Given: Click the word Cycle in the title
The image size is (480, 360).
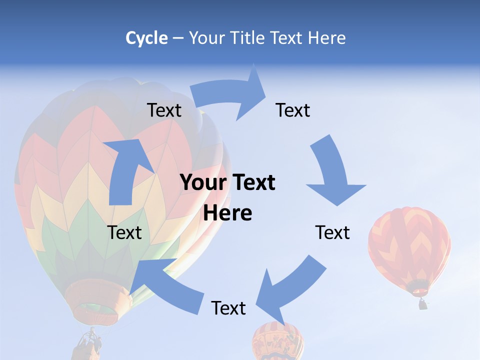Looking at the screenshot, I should click(146, 38).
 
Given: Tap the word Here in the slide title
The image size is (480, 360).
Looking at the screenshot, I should click(327, 38).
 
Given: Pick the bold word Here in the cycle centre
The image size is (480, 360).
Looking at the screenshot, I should click(227, 213).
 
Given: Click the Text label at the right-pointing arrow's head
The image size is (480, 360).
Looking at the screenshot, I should click(293, 110).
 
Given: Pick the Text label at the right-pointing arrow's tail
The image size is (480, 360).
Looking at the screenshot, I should click(164, 110).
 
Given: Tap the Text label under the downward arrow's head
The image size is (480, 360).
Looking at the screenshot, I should click(332, 232).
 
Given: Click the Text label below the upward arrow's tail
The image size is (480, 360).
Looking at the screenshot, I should click(124, 232).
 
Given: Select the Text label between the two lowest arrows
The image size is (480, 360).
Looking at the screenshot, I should click(228, 308).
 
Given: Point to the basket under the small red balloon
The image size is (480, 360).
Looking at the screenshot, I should click(423, 304).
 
